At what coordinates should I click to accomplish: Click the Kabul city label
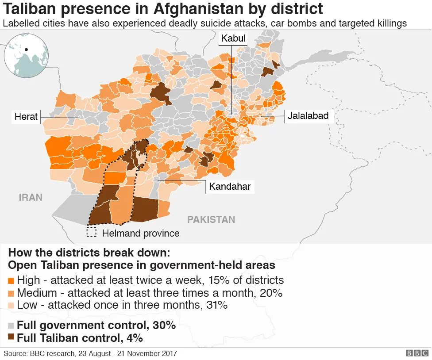233,39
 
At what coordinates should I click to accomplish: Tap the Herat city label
26,117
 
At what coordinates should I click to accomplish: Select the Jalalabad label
308,116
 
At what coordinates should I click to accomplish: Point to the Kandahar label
230,187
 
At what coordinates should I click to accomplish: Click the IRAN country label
31,197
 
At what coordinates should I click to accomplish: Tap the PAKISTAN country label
211,219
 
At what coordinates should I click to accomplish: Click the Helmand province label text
141,233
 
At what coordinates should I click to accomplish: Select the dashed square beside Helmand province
92,232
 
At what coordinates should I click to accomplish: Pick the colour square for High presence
12,280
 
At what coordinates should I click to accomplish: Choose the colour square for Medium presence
12,293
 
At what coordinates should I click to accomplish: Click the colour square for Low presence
12,305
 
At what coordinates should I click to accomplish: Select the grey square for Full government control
12,326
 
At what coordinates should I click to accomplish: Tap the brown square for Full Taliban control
12,338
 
